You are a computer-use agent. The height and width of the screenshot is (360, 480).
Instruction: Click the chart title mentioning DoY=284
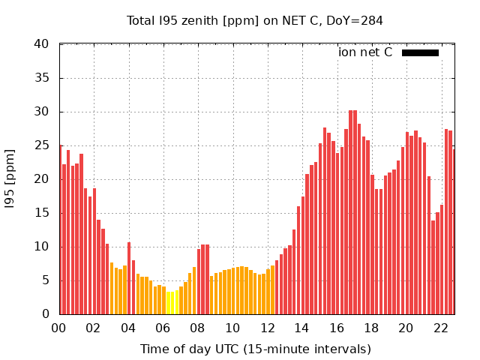pos(255,20)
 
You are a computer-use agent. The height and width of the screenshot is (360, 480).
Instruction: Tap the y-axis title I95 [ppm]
pos(10,179)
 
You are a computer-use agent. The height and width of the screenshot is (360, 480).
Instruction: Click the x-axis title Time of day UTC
pos(255,349)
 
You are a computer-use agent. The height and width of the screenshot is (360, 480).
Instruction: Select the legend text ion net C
pos(365,52)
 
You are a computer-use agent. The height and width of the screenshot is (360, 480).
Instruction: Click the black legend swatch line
pos(420,52)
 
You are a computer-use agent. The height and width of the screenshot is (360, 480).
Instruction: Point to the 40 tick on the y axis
pos(42,44)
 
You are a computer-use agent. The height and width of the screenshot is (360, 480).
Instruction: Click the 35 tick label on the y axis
pos(42,78)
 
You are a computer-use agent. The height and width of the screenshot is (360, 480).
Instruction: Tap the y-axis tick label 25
pos(42,145)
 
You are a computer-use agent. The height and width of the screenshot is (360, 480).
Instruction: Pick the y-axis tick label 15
pos(42,213)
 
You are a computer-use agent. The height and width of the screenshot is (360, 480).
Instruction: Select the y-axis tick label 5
pos(46,280)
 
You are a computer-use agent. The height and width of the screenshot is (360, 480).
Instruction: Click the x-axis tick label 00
pos(59,328)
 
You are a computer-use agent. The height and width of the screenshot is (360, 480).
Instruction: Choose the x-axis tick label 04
pos(128,328)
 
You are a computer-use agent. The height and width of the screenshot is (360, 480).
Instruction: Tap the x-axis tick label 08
pos(198,328)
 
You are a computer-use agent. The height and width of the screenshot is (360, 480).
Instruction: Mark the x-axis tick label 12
pos(267,328)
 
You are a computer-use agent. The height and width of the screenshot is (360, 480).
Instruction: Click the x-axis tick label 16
pos(337,328)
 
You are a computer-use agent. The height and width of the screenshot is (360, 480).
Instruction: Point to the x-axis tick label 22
pos(440,328)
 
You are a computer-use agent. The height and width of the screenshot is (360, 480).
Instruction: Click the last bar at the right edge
pos(454,232)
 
